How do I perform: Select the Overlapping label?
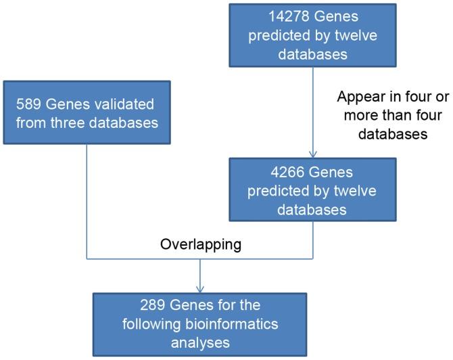coord(200,245)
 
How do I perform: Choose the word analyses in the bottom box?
coord(199,342)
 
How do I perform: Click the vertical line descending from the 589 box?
coord(87,203)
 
